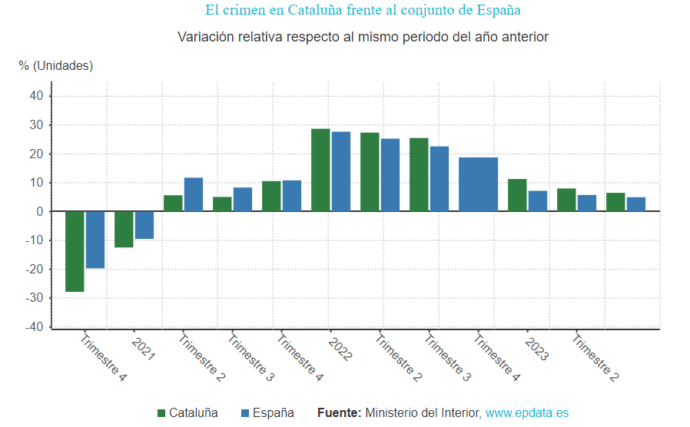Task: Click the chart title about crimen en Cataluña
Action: [363, 11]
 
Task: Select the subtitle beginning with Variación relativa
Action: [363, 37]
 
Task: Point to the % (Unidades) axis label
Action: [56, 66]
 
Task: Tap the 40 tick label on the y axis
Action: [36, 96]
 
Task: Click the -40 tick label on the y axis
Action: [34, 327]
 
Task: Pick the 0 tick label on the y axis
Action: [40, 212]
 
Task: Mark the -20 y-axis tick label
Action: [34, 270]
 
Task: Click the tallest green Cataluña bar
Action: [320, 170]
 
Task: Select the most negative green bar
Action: [75, 251]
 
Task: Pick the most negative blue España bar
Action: [95, 240]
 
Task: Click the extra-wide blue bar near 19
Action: [478, 184]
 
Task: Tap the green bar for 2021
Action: [124, 229]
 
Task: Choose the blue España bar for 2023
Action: [538, 201]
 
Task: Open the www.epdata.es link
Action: [526, 413]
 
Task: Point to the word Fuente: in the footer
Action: [339, 413]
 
